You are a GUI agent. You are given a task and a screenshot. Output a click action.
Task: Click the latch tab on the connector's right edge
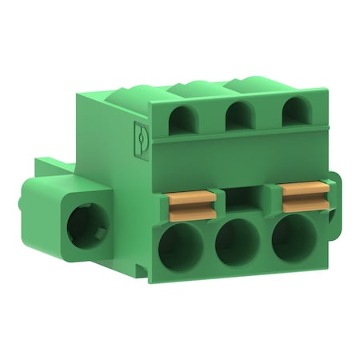coord(334,192)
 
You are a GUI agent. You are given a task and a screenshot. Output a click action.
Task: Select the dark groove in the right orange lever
coord(306,196)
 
